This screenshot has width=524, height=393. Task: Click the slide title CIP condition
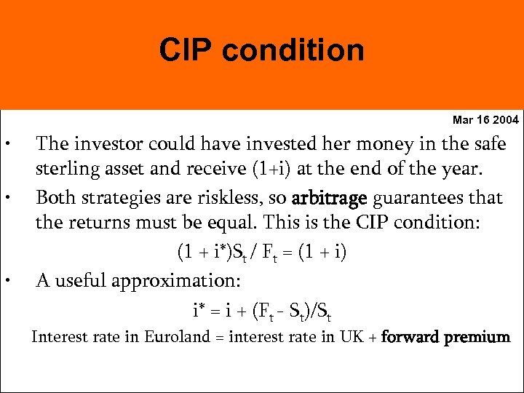[x=262, y=51]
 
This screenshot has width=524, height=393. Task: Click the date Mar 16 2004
[x=485, y=119]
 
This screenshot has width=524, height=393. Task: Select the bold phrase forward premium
[x=446, y=338]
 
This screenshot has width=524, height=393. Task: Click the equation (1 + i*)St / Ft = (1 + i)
[x=262, y=253]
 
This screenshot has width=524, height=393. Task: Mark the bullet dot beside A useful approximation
[x=7, y=279]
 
